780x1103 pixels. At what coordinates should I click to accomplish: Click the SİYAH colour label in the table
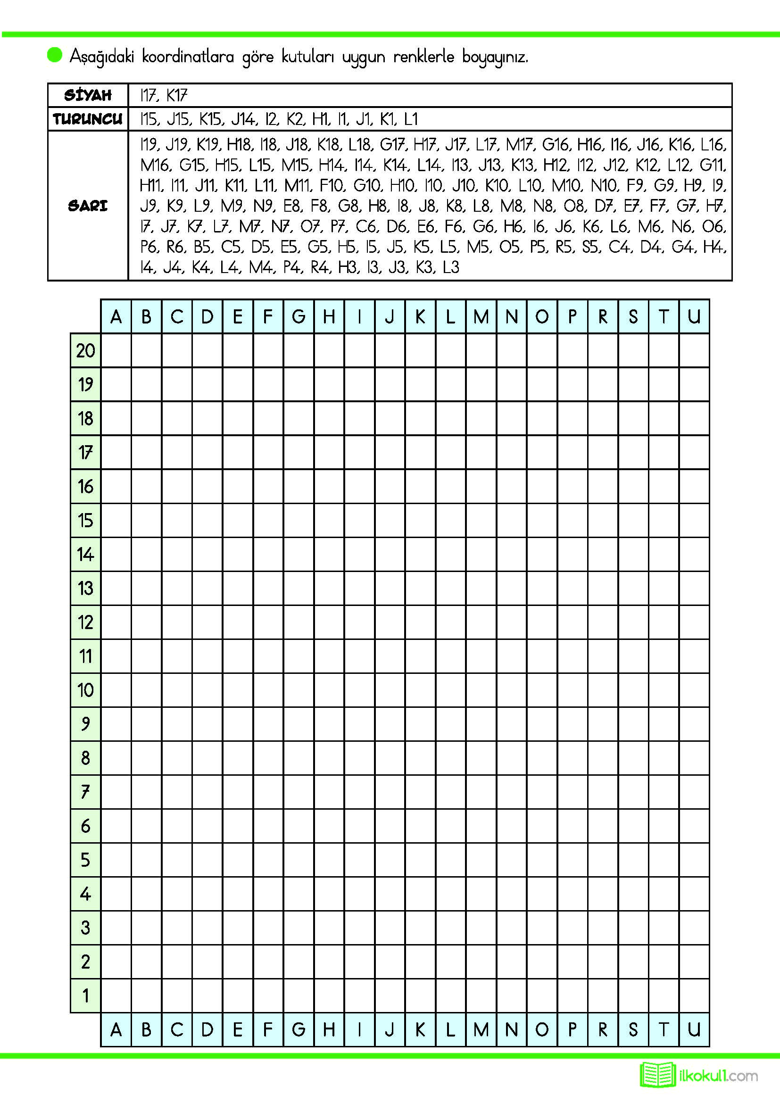(x=88, y=95)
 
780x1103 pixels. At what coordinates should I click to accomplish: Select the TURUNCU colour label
(x=88, y=119)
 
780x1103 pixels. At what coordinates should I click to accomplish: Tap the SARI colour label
(x=88, y=206)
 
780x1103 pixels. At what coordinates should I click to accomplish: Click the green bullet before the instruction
(x=55, y=55)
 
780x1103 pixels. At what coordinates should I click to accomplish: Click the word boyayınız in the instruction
(x=495, y=57)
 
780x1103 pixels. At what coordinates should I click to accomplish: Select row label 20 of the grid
(x=85, y=351)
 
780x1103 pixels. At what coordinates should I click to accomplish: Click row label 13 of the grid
(x=85, y=589)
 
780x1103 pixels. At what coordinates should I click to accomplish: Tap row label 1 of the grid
(x=85, y=996)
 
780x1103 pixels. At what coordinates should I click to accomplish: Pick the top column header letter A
(x=116, y=316)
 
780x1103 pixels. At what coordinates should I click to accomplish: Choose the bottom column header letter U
(x=694, y=1030)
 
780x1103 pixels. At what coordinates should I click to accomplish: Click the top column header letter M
(x=481, y=316)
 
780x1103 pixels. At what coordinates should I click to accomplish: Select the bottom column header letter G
(x=298, y=1030)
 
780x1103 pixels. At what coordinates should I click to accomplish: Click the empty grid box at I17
(x=359, y=453)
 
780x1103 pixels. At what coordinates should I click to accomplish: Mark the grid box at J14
(x=390, y=555)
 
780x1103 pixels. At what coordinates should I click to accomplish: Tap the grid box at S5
(x=633, y=860)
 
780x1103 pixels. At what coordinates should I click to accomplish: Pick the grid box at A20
(x=116, y=351)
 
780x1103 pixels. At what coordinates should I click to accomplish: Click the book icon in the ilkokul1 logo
(x=656, y=1075)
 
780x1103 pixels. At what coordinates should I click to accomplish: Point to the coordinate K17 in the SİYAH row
(x=176, y=96)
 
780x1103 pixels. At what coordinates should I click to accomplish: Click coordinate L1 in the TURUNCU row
(x=410, y=119)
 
